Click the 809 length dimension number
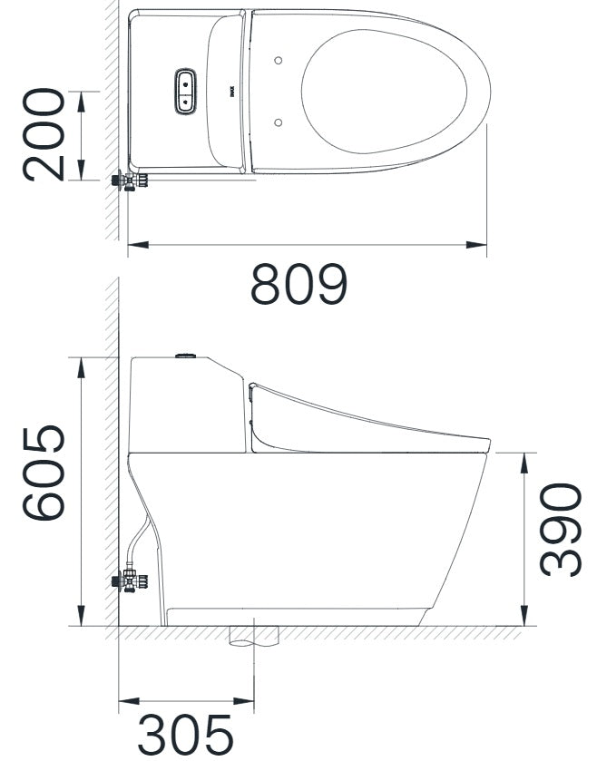298,285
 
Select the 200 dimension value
44,135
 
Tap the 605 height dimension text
44,473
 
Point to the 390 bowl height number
560,530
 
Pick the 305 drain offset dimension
186,734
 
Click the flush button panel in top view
184,92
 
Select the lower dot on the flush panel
184,102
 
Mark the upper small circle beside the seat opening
279,61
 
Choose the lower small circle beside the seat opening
279,121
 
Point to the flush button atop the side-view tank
187,355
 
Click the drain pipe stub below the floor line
253,636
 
